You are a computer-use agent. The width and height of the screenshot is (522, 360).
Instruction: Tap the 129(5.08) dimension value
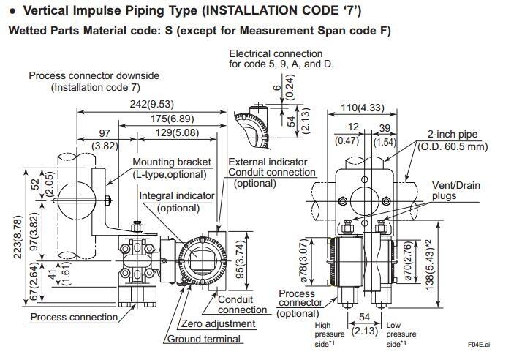pos(176,132)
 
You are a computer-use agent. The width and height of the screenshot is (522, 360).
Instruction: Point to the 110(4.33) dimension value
pos(363,108)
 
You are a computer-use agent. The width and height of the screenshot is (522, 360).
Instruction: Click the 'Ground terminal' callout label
pos(204,339)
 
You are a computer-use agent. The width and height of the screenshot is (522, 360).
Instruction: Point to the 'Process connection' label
pos(73,317)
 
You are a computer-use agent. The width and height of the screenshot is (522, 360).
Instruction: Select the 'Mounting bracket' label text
pos(172,162)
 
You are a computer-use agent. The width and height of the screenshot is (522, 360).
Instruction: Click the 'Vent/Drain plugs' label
pos(455,190)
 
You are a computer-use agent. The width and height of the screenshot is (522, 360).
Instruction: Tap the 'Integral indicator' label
pos(177,195)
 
